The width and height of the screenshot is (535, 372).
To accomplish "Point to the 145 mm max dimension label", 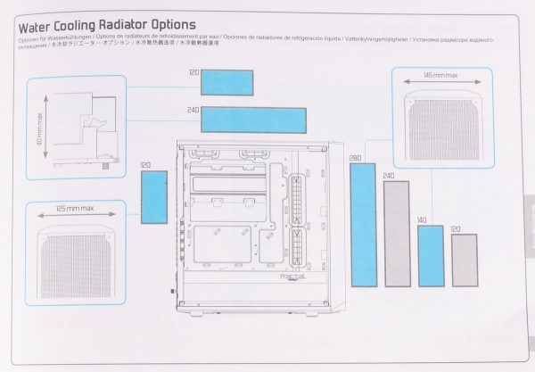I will point(440,77).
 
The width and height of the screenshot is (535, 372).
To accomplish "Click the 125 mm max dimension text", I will point(75,208).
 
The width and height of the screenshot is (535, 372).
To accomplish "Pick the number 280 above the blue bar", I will point(356,159).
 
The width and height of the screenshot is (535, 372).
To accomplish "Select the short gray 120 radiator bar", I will point(464,260).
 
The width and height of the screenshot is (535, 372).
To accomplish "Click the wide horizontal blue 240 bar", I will point(254,119).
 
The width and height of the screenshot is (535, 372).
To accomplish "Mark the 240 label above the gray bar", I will point(389,177).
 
